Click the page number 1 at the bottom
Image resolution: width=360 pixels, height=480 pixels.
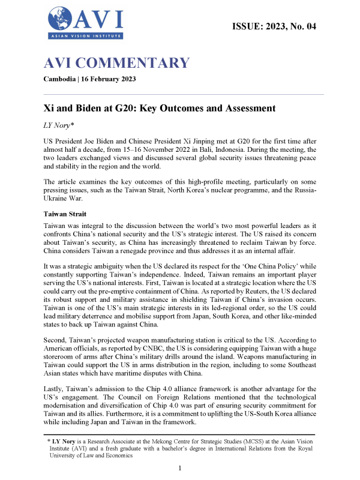click(x=180, y=467)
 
